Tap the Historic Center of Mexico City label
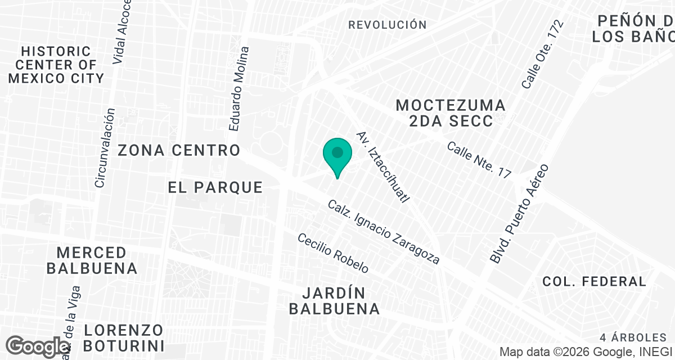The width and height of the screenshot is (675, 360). [56, 65]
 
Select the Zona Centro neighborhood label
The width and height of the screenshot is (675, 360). [179, 151]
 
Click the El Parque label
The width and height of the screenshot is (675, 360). [215, 187]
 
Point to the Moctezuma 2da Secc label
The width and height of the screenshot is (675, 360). [451, 113]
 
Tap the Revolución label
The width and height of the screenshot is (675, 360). [387, 25]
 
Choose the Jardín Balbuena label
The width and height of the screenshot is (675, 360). [340, 301]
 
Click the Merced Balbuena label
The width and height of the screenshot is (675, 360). [92, 260]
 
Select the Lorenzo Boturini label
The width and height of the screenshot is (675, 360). [124, 337]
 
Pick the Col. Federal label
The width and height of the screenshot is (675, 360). [594, 281]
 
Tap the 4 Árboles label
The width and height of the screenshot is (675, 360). [633, 338]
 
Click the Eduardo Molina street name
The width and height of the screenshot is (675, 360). [238, 89]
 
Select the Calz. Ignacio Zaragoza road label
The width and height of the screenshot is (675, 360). [383, 233]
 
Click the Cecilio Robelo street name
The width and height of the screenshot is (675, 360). [333, 253]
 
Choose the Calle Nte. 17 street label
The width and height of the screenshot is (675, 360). [479, 160]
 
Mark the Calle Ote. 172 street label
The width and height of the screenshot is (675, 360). [542, 55]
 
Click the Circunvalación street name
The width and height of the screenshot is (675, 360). [105, 148]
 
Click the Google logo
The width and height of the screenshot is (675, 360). [38, 346]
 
